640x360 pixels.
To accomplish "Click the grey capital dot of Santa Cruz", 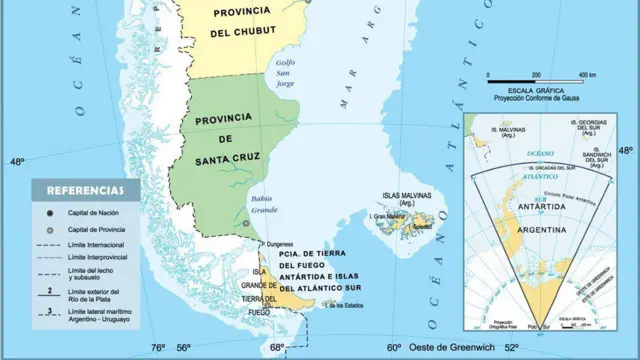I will (x=245, y=225).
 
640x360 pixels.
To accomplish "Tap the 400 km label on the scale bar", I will (x=586, y=76).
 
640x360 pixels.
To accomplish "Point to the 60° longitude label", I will (x=395, y=348).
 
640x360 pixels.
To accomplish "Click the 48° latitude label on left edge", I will (x=16, y=162).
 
